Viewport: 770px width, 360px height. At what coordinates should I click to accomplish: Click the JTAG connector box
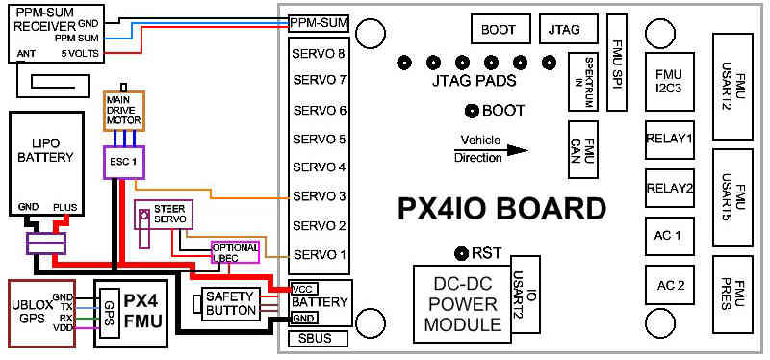click(569, 29)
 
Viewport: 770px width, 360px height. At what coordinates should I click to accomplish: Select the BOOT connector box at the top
click(500, 29)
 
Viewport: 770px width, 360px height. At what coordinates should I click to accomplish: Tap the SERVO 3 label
click(320, 196)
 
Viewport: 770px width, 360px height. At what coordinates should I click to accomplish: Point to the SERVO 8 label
click(320, 53)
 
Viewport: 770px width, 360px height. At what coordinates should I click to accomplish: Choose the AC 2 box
click(670, 284)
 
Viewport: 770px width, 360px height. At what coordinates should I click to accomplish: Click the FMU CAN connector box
click(583, 149)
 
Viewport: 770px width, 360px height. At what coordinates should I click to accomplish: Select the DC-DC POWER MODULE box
click(462, 304)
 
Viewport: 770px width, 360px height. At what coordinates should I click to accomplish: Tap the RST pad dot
click(462, 253)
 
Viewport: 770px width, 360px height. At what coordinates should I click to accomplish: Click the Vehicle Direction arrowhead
click(518, 150)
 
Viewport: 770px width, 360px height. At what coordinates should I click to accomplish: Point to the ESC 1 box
click(125, 162)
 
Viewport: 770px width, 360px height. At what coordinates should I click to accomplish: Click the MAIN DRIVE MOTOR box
click(124, 111)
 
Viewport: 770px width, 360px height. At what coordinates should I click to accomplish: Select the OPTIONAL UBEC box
click(235, 252)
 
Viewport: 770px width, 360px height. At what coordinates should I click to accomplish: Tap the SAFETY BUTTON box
click(230, 303)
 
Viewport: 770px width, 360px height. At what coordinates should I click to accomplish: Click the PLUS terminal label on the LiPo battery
click(65, 207)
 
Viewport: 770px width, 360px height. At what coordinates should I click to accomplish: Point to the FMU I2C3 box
click(669, 82)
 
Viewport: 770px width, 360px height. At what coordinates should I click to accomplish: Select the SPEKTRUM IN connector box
click(583, 82)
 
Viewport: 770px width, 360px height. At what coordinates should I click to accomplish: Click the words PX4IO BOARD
click(500, 209)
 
